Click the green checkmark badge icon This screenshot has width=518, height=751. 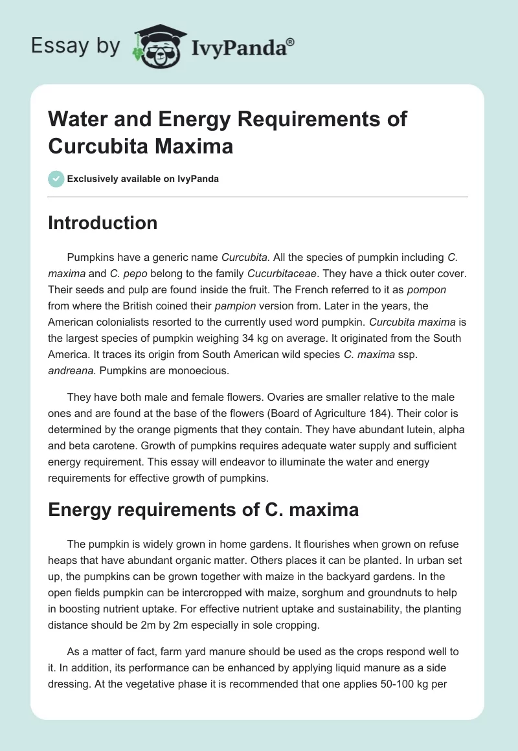point(56,179)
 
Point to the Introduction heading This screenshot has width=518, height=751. point(102,223)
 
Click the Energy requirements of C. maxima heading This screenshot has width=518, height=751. point(203,510)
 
